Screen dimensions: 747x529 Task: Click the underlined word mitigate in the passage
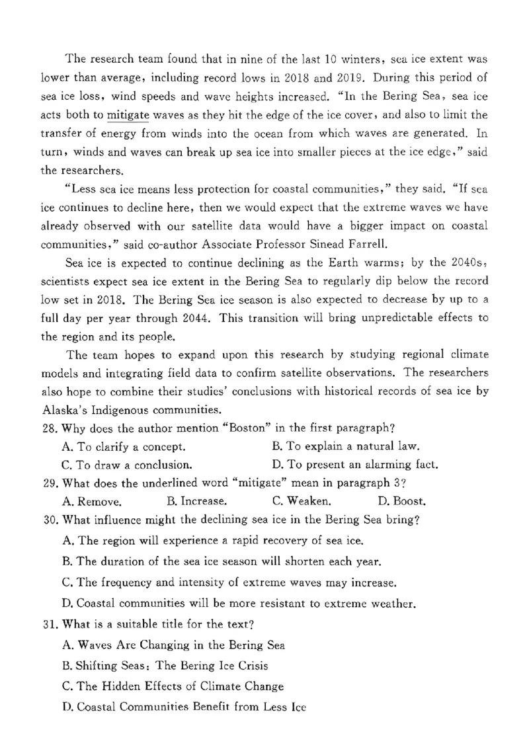pyautogui.click(x=128, y=115)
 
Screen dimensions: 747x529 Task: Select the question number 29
pyautogui.click(x=50, y=483)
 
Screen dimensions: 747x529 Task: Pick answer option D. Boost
pyautogui.click(x=401, y=501)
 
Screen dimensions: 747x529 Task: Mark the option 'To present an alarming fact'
pyautogui.click(x=354, y=464)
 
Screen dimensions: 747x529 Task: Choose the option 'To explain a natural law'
pyautogui.click(x=345, y=446)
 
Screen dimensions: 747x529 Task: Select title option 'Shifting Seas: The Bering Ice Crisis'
pyautogui.click(x=165, y=665)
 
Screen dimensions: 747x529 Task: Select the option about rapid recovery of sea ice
pyautogui.click(x=213, y=540)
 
